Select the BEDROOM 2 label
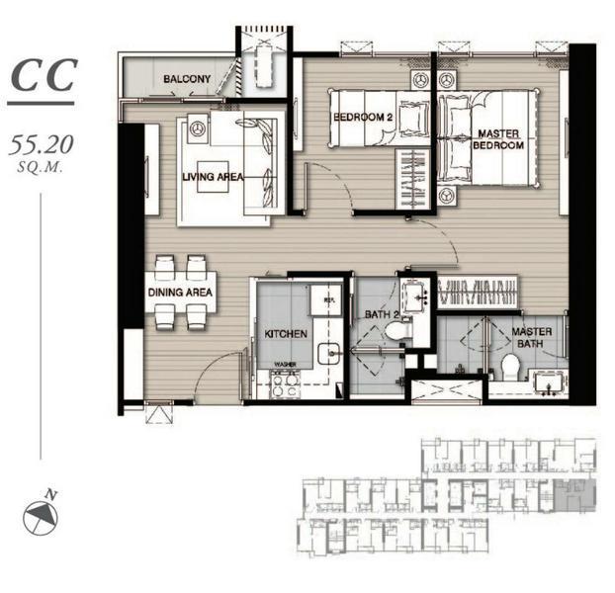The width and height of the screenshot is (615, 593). tap(363, 117)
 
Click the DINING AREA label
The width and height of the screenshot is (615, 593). tap(180, 293)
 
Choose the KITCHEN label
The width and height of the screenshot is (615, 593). tap(286, 335)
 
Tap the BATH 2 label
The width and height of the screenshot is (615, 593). tap(380, 314)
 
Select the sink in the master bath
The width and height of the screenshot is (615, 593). tap(546, 382)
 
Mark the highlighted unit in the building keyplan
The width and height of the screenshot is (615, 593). tap(568, 493)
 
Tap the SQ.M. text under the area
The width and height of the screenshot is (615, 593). tap(41, 168)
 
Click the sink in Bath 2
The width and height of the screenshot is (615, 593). tap(414, 292)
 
